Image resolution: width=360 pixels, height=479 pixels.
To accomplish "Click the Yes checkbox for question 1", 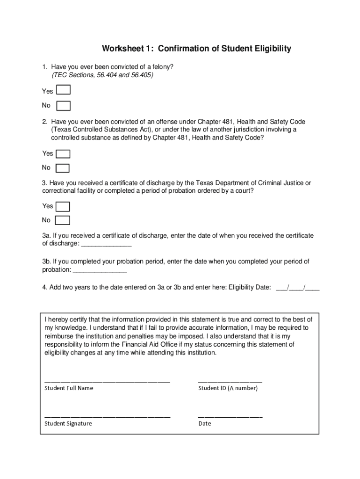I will (63, 91).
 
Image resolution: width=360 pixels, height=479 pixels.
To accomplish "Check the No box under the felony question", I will (63, 106).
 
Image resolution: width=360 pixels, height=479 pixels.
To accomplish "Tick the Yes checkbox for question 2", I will (63, 154).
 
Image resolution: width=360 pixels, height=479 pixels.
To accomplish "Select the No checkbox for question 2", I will (63, 168).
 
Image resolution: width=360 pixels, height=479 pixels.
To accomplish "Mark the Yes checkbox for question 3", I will (63, 206).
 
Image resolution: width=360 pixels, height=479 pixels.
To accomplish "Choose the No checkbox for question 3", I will (63, 220).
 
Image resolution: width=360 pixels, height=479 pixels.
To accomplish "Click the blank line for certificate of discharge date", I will (107, 244).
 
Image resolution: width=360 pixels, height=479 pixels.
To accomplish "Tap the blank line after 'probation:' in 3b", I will (100, 270).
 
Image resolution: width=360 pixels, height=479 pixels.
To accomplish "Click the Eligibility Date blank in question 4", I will (298, 288).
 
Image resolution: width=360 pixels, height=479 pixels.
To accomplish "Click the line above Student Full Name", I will (107, 381).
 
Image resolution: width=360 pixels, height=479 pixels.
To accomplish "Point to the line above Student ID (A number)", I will (230, 381).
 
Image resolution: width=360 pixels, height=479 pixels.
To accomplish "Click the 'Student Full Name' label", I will (69, 388).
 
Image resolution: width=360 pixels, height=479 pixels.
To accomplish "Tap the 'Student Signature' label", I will (68, 423).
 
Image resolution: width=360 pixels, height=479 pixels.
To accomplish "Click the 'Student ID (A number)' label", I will (228, 388).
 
